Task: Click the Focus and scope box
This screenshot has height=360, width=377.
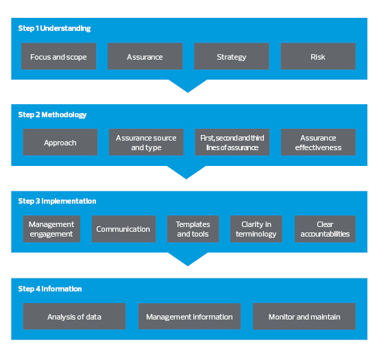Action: pos(58,56)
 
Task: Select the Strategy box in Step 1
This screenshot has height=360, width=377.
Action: pos(231,56)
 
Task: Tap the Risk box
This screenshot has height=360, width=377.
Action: pos(318,56)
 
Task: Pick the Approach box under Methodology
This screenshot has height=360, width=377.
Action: pos(60,142)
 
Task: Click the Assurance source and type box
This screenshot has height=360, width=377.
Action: pos(146,142)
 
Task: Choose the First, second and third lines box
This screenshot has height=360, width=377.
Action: pos(232,142)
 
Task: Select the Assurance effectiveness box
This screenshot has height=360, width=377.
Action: pos(318,142)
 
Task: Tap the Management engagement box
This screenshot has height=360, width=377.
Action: pos(51,229)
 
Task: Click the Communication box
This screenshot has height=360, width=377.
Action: pos(123,229)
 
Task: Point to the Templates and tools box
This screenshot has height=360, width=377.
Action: pos(193,229)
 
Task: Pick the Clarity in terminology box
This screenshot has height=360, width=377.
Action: pos(256,229)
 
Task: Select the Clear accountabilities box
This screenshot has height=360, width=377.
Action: pos(325,229)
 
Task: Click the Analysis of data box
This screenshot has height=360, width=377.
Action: pos(74,316)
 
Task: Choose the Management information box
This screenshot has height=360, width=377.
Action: pos(189,316)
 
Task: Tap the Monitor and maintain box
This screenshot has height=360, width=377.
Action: pos(304,316)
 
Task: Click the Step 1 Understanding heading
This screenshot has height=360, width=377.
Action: pos(54,28)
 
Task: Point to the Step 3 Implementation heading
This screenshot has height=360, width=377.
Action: pos(57,201)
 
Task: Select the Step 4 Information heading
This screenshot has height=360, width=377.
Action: pos(50,289)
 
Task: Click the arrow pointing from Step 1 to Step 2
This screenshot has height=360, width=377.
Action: pos(188,86)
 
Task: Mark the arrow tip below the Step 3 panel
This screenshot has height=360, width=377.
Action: pos(188,266)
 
